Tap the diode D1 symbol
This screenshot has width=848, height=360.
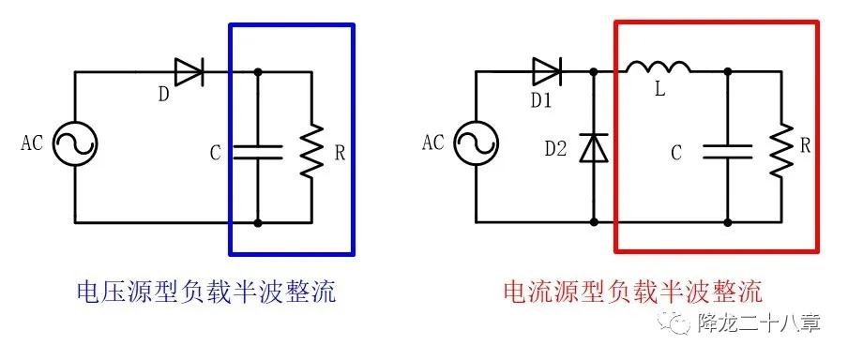[548, 71]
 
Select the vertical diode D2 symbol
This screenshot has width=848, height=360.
[593, 147]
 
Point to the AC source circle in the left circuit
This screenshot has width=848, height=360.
[74, 145]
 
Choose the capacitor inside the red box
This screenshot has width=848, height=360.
[729, 151]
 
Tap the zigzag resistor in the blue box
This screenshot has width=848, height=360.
[310, 150]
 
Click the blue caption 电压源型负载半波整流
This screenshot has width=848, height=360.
[206, 291]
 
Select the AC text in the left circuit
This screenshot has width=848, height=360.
[32, 143]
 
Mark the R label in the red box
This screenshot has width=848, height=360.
[806, 147]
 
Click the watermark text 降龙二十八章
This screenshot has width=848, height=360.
[760, 323]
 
